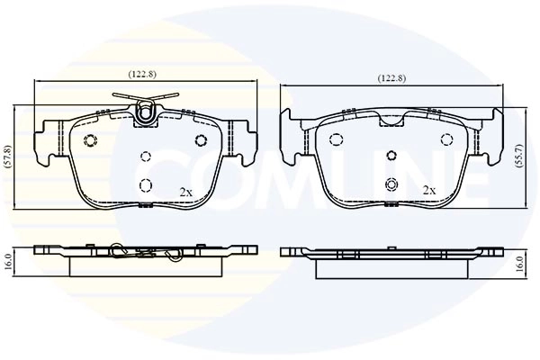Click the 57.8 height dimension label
(x=8, y=158)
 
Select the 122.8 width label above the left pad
(x=145, y=75)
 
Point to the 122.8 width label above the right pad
(x=391, y=78)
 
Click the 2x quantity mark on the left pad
(x=186, y=192)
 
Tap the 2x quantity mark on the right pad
(x=429, y=191)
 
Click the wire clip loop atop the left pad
(x=146, y=112)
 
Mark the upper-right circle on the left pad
(x=202, y=139)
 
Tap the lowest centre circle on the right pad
(x=391, y=184)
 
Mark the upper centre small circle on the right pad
(x=391, y=155)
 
